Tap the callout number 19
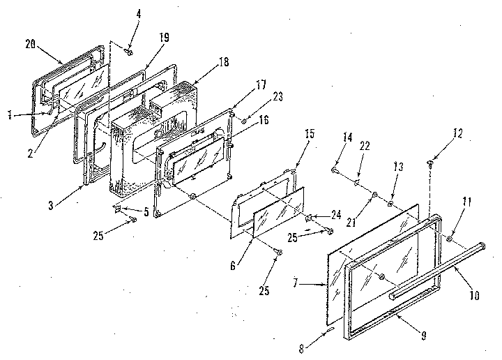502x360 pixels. click(163, 38)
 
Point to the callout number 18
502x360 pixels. click(224, 61)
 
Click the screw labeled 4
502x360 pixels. click(130, 50)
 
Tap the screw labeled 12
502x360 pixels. click(431, 164)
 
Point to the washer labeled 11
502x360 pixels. click(450, 239)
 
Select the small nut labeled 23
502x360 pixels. click(245, 121)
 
